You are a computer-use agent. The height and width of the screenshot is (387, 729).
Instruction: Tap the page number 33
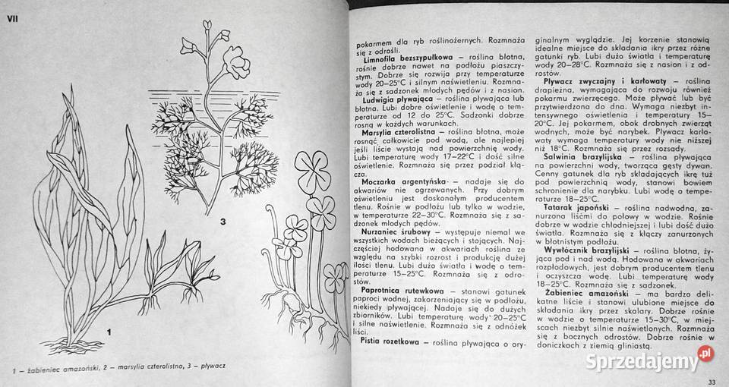click(711, 380)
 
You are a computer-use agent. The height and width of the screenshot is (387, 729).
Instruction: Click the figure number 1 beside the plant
click(109, 331)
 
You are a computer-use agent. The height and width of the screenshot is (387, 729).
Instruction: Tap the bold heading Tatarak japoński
click(573, 206)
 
